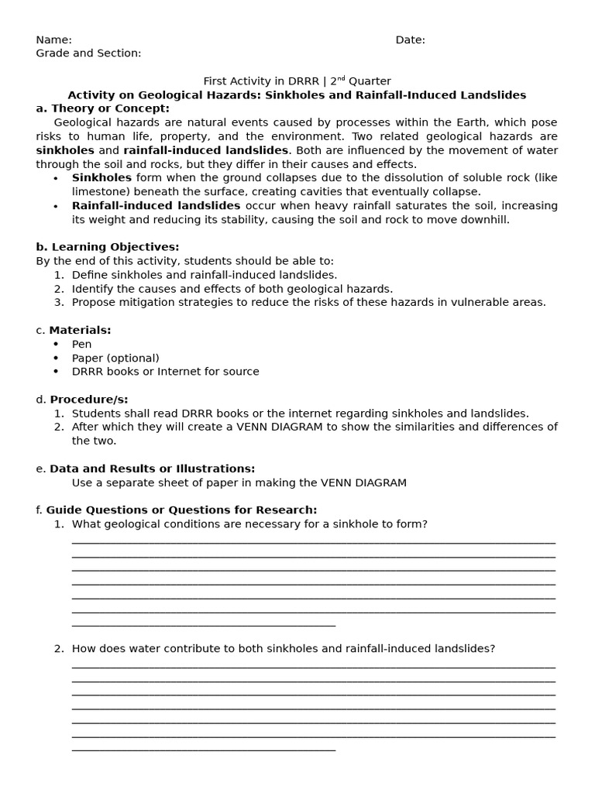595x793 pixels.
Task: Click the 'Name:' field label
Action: [53, 40]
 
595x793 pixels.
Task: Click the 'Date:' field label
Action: [410, 40]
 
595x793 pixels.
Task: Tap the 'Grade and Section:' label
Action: [88, 53]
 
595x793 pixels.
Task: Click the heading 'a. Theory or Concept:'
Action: [102, 108]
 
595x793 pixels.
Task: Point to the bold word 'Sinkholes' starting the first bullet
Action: [101, 178]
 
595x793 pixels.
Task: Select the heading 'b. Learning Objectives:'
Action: [107, 247]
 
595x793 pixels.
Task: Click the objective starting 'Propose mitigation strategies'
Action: [308, 303]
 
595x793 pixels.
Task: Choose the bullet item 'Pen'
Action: [81, 345]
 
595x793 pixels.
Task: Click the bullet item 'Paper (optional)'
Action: [115, 359]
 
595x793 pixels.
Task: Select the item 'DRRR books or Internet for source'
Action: [165, 372]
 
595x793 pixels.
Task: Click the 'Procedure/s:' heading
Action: [87, 400]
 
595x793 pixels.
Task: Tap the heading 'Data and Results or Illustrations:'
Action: [152, 469]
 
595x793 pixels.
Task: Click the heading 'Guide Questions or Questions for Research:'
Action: [181, 510]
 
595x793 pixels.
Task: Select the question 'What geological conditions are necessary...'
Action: [249, 524]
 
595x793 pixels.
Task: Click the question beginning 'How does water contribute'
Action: [283, 649]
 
